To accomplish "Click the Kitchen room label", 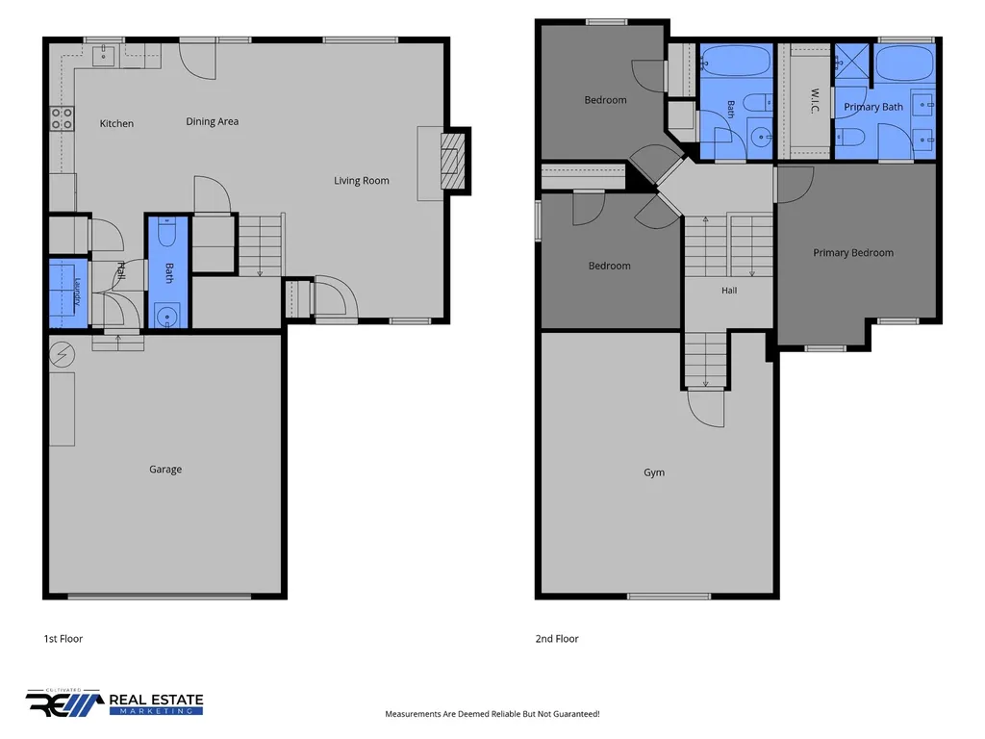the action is tap(116, 124).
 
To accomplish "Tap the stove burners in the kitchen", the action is tap(62, 118).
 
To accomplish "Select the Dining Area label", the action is tap(213, 121).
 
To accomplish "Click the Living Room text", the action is tap(362, 181).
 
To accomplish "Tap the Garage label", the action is tap(165, 470).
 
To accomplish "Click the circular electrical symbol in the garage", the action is tap(62, 355).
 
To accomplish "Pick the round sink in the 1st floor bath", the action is tap(167, 316).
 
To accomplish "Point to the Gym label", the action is tap(654, 472).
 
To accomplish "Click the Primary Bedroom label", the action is tap(853, 253).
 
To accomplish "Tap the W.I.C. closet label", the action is tap(815, 100).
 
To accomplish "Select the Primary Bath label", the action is tap(873, 107).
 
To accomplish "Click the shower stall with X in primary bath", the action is tap(851, 61).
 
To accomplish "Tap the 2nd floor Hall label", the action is tap(729, 291).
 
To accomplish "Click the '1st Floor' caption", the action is tap(63, 639).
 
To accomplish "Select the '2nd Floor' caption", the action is tap(557, 639).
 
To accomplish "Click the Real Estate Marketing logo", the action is tap(114, 702).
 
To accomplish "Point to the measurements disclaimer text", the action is tap(492, 714).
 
